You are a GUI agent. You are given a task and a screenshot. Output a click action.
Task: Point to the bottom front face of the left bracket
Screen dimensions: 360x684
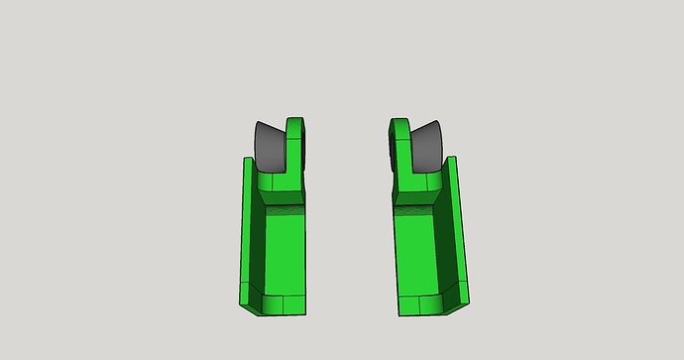[x=283, y=304]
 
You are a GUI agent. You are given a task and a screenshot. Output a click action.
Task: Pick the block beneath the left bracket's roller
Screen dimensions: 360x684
[x=279, y=184]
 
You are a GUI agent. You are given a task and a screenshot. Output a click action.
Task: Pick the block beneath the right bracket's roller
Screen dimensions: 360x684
[x=417, y=184]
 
